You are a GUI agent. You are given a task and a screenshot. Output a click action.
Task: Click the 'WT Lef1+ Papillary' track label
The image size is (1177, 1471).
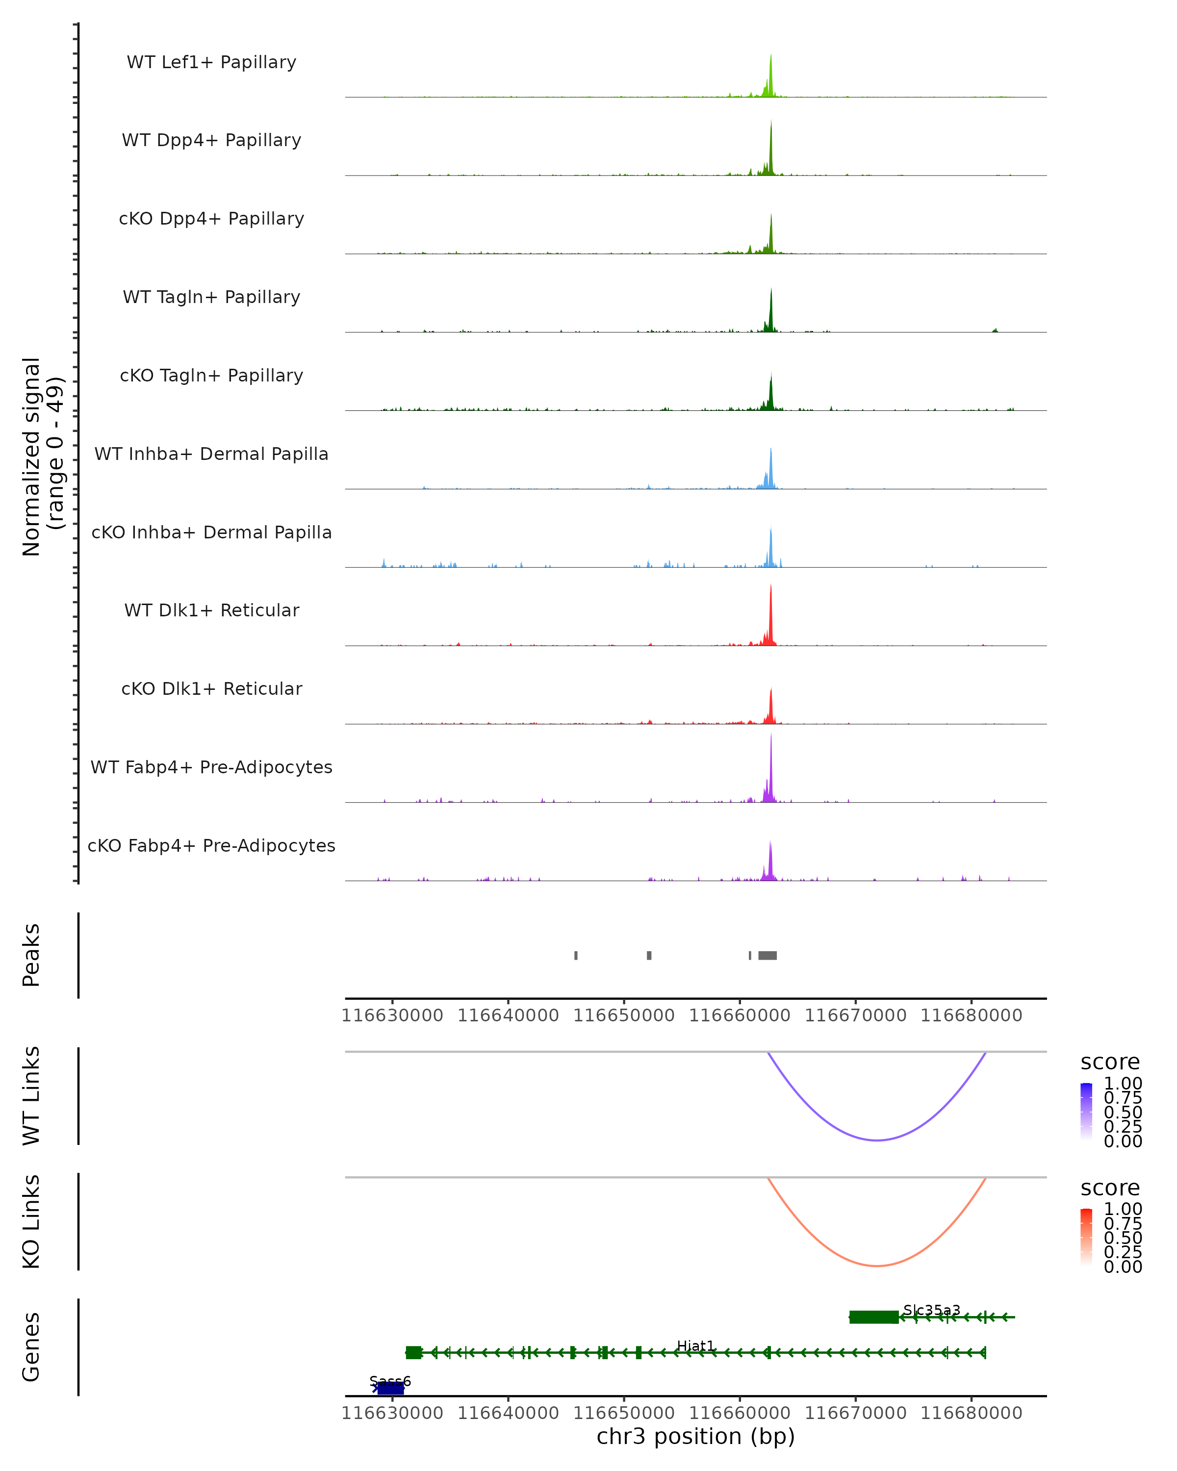211,62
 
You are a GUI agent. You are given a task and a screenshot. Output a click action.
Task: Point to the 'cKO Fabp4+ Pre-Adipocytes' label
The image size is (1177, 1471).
211,845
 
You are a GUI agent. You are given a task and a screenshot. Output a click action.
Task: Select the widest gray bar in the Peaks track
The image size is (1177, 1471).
768,955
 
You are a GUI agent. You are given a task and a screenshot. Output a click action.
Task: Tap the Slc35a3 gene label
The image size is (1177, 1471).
931,1310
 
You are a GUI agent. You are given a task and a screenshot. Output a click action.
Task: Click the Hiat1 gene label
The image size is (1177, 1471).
695,1345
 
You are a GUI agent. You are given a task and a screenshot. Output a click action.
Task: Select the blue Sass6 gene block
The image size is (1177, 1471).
390,1388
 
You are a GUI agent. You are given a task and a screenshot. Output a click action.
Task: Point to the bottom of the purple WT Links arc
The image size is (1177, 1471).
877,1140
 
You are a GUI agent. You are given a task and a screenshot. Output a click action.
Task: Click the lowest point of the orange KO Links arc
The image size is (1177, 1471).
877,1266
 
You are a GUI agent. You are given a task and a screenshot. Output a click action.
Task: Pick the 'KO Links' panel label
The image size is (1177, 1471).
31,1221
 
